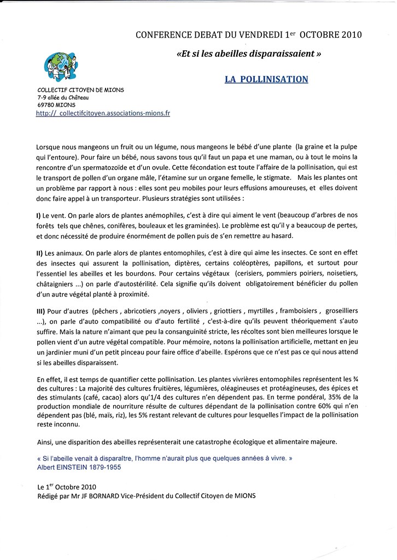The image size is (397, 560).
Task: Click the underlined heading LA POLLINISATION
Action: [x=266, y=79]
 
